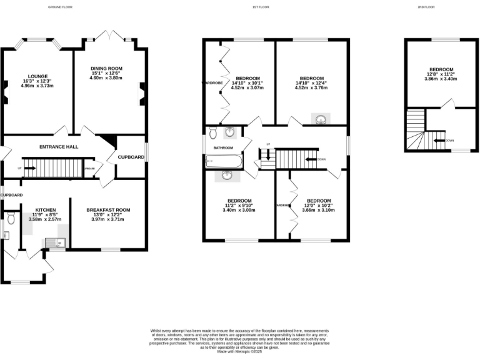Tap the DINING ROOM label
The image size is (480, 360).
click(x=107, y=68)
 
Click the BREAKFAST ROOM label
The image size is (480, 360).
click(x=108, y=209)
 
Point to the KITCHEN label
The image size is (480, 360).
click(x=46, y=209)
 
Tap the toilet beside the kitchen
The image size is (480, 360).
click(x=11, y=219)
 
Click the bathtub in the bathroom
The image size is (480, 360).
click(x=222, y=162)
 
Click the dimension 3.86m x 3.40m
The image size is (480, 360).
click(x=441, y=79)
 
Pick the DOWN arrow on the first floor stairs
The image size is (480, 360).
click(x=311, y=159)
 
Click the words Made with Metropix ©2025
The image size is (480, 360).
click(x=240, y=352)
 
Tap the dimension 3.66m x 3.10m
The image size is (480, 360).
click(x=319, y=211)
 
